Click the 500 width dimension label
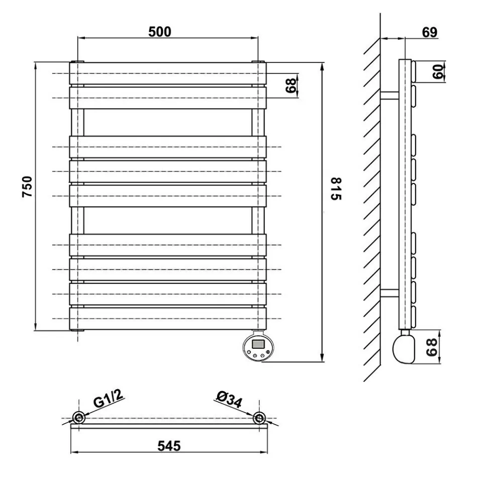click(160, 32)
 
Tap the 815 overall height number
click(335, 189)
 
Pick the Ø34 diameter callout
click(229, 400)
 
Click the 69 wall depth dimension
click(429, 32)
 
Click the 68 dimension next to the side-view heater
click(431, 347)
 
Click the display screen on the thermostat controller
click(257, 345)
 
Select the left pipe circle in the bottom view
click(79, 418)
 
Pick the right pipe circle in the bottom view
click(259, 418)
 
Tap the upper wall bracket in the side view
click(389, 95)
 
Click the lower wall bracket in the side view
click(389, 293)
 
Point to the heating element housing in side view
click(405, 348)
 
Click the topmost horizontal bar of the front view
click(167, 73)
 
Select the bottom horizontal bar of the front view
click(167, 318)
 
